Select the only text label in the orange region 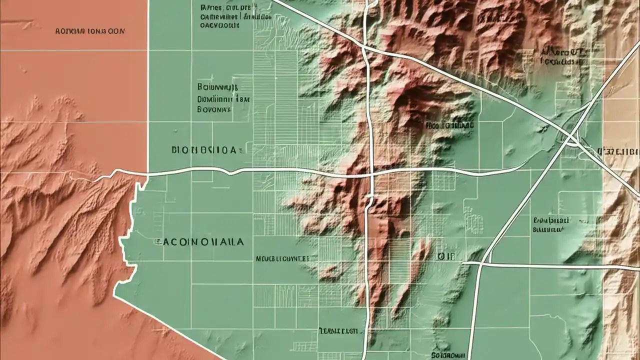(x=89, y=31)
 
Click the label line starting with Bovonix (x=214, y=107)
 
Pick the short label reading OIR (x=446, y=256)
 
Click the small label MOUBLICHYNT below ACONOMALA (x=282, y=259)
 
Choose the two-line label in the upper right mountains (x=562, y=57)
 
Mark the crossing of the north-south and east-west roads (x=371, y=175)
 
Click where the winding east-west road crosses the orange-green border (x=148, y=174)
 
